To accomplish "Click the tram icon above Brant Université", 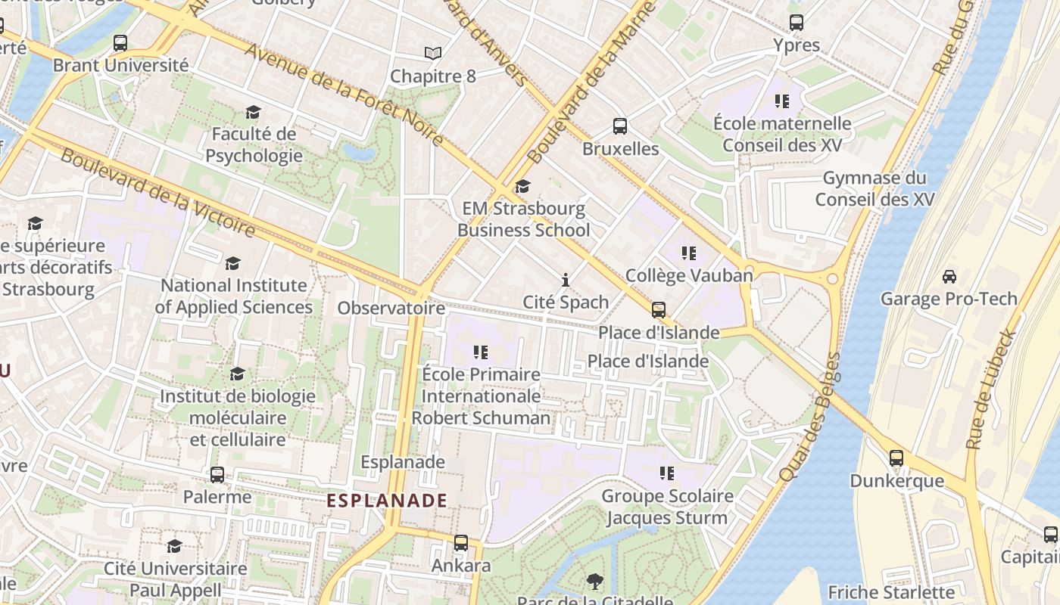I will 120,43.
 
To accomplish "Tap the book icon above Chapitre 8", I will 432,54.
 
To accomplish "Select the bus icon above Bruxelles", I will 619,126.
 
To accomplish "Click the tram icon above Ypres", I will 796,23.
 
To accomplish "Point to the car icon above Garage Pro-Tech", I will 949,277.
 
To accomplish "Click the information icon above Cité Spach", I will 565,281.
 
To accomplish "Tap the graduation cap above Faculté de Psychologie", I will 253,113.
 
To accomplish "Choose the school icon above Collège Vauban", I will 688,253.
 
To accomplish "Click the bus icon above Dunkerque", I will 896,458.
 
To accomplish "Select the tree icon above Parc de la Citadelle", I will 594,582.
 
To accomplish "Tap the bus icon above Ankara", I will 460,543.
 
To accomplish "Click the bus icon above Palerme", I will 217,475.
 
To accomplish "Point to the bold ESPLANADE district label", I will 386,501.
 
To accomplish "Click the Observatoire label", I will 391,309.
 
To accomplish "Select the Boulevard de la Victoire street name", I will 157,191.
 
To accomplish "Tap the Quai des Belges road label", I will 809,417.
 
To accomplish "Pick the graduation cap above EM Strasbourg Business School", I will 522,187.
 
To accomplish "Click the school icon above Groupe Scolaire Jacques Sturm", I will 666,473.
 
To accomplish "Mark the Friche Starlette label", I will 891,592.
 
